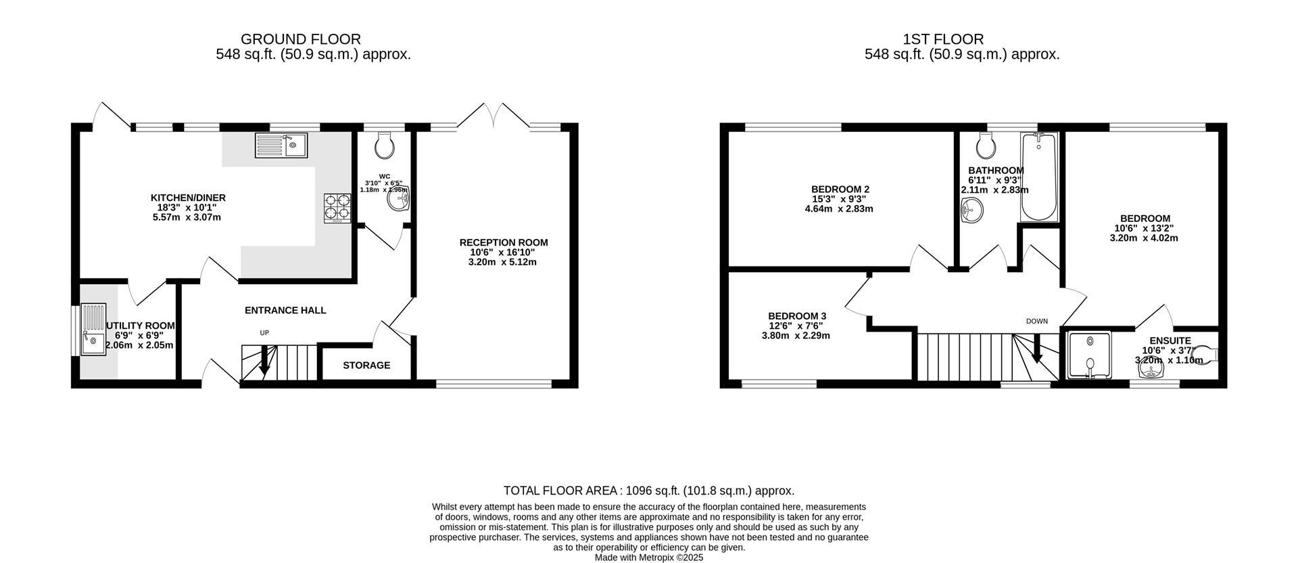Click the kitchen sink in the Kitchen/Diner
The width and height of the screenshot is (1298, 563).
point(281,145)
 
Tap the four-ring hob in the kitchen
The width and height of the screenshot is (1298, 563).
point(338,208)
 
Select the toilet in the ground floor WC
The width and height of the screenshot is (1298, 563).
point(385,143)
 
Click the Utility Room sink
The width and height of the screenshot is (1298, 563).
point(93,330)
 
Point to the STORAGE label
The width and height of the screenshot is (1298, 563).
point(366,365)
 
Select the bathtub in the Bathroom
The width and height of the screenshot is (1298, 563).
point(1039,176)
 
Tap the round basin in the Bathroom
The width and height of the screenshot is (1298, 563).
point(971,211)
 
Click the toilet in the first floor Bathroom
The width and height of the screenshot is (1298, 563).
point(985,144)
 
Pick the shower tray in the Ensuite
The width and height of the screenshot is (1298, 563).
point(1090,356)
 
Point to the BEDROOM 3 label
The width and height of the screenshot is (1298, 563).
point(796,316)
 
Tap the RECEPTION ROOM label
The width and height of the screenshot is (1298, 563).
point(504,242)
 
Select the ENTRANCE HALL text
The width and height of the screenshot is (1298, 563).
point(285,311)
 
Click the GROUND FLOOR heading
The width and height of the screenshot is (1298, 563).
point(300,39)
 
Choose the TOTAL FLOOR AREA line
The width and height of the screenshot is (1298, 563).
point(648,491)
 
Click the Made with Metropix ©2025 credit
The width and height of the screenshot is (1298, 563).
point(648,558)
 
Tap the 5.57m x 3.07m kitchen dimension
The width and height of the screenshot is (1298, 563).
point(187,217)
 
